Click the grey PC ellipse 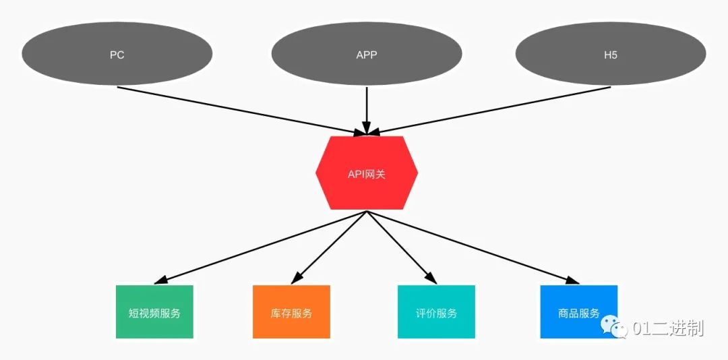(117, 54)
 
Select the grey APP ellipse (366, 54)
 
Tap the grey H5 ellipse (611, 54)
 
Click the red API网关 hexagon (367, 173)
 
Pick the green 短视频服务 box (154, 311)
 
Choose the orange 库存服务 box (292, 311)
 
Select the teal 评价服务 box (436, 311)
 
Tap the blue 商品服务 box (579, 311)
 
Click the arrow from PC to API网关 (241, 111)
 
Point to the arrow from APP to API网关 (366, 111)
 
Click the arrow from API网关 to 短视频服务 (260, 247)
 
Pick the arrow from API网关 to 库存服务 (329, 247)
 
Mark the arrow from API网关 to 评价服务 (402, 247)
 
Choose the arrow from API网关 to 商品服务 (473, 247)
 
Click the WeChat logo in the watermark (614, 327)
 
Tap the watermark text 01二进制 (669, 328)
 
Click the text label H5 (611, 55)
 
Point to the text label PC (117, 55)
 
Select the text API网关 (367, 174)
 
